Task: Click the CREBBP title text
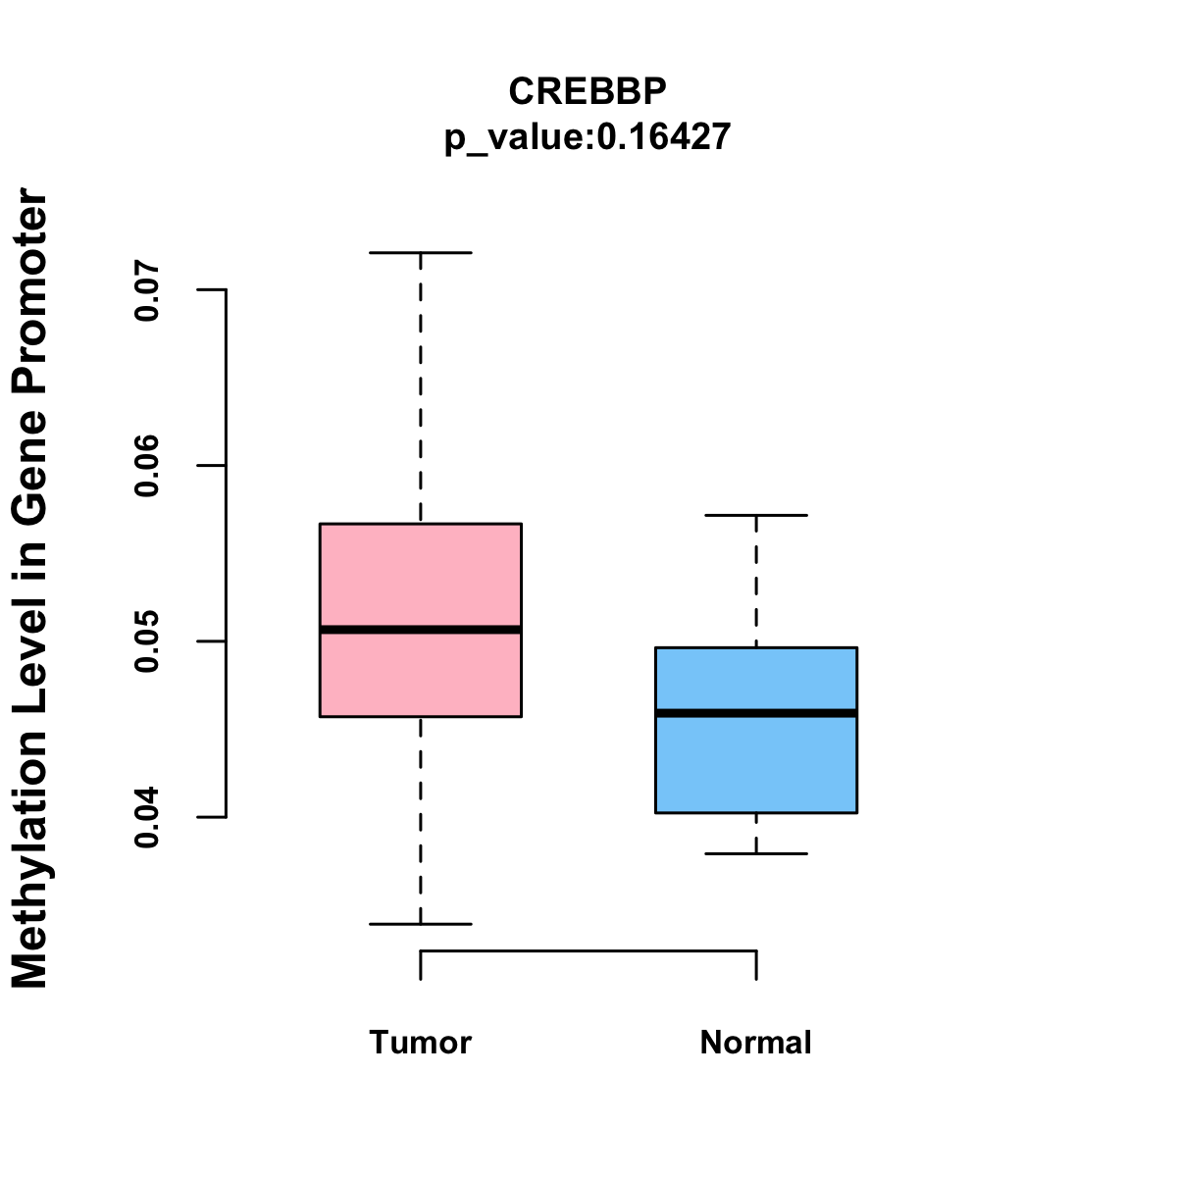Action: click(588, 91)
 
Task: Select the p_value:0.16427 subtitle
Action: click(588, 137)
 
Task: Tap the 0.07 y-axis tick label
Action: click(147, 290)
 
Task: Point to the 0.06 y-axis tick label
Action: click(147, 466)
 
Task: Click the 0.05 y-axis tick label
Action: click(147, 641)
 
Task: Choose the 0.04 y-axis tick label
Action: click(147, 817)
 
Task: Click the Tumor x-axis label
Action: click(420, 1042)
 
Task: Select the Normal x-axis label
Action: click(755, 1042)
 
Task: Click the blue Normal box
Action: click(756, 765)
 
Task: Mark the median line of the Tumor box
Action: click(420, 630)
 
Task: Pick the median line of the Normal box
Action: click(756, 713)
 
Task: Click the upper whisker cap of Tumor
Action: click(420, 253)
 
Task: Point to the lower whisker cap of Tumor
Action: click(420, 924)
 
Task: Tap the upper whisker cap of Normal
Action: click(756, 515)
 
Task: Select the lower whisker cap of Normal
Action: click(756, 853)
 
